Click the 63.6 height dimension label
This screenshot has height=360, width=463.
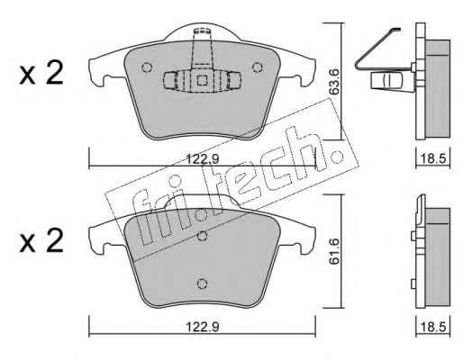tap(334, 82)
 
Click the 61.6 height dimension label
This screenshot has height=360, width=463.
tap(334, 251)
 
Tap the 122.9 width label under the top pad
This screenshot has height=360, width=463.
tap(203, 159)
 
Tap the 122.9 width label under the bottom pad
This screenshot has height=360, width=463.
tap(203, 327)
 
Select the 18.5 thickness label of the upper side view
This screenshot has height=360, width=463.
tap(432, 159)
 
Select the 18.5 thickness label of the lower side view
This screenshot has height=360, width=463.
tap(432, 327)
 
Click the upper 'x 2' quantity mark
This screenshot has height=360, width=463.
tap(41, 73)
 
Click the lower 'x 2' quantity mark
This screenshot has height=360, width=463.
tap(41, 241)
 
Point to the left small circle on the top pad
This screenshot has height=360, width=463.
tap(147, 67)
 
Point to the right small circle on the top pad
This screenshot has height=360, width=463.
tap(258, 67)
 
